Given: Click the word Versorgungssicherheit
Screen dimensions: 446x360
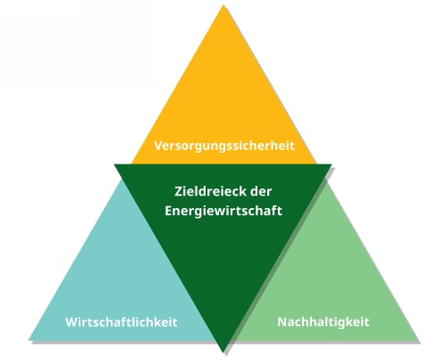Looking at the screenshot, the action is pyautogui.click(x=224, y=147).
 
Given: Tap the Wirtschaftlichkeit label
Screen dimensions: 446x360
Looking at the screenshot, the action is pyautogui.click(x=122, y=322).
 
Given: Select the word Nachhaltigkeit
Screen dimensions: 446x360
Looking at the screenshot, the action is pyautogui.click(x=324, y=322).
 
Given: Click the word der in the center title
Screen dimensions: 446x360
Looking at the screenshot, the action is pyautogui.click(x=261, y=191).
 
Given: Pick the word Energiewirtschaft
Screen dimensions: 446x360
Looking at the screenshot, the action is pyautogui.click(x=223, y=211).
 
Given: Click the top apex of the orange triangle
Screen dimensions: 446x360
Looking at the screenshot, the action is pyautogui.click(x=223, y=4).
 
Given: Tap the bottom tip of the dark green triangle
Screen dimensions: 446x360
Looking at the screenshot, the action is pyautogui.click(x=223, y=352).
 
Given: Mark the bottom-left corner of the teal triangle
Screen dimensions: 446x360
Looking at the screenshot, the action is pyautogui.click(x=29, y=340).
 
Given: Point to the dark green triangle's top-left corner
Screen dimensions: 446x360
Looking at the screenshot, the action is pyautogui.click(x=114, y=164).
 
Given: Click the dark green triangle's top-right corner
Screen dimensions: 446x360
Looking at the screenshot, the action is pyautogui.click(x=332, y=164).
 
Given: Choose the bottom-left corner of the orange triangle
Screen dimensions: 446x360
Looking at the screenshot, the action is pyautogui.click(x=131, y=163).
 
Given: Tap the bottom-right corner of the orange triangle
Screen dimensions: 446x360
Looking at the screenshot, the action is pyautogui.click(x=316, y=163).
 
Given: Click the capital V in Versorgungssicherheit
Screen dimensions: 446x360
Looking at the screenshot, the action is pyautogui.click(x=158, y=146).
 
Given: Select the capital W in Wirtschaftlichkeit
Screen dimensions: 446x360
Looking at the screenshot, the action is pyautogui.click(x=72, y=322).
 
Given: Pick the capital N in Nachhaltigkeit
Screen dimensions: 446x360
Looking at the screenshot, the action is pyautogui.click(x=282, y=322).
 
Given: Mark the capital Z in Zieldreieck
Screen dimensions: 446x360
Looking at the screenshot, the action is pyautogui.click(x=178, y=191).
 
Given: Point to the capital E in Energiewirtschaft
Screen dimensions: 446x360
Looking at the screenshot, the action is pyautogui.click(x=168, y=211).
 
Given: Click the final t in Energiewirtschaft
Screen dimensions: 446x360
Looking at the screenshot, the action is pyautogui.click(x=279, y=211).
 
